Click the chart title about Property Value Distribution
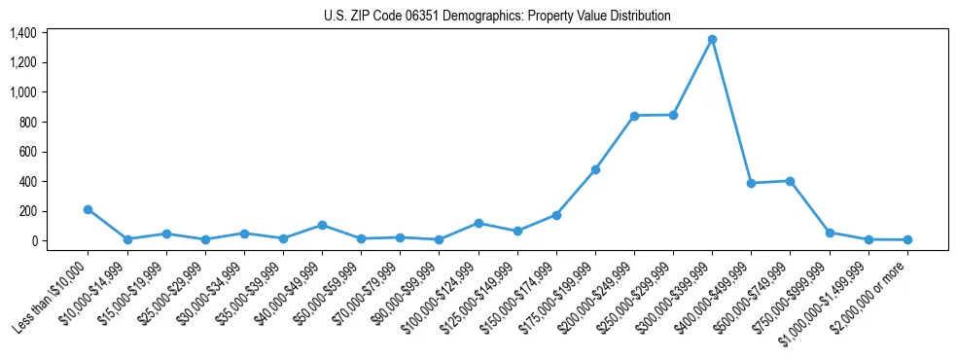point(497,16)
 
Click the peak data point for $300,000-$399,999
point(712,39)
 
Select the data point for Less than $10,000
point(89,209)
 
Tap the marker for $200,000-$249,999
point(634,116)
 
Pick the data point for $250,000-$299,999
point(673,115)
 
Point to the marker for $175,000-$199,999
point(595,169)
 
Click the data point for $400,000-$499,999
point(751,183)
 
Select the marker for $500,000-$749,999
point(790,181)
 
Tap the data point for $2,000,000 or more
point(907,239)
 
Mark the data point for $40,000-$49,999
point(322,225)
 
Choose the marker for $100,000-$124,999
point(478,223)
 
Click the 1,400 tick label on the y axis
point(23,33)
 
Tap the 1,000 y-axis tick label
point(23,92)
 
